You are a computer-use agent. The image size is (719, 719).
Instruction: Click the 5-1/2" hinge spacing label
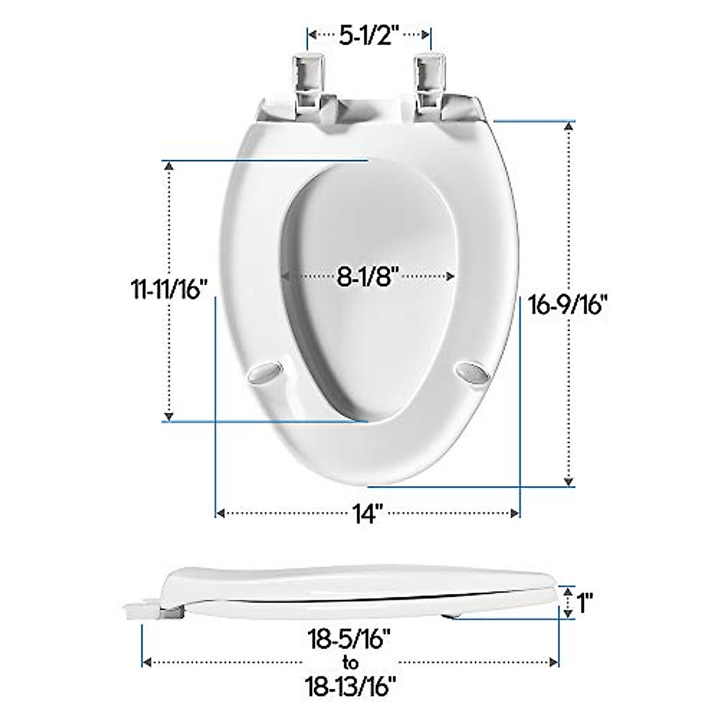tap(369, 36)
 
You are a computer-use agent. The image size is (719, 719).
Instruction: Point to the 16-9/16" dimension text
tap(569, 304)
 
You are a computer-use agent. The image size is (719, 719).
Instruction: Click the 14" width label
tap(367, 513)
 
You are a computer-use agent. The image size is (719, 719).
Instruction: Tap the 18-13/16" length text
tap(351, 682)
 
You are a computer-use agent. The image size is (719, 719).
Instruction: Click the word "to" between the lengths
tap(351, 662)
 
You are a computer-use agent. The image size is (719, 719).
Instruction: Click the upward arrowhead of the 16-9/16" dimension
tap(569, 126)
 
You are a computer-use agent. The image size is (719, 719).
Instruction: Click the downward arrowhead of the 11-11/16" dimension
tap(170, 416)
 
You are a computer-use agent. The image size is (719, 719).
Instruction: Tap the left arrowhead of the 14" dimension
tap(220, 513)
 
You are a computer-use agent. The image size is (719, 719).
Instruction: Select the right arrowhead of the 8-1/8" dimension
tap(451, 276)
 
